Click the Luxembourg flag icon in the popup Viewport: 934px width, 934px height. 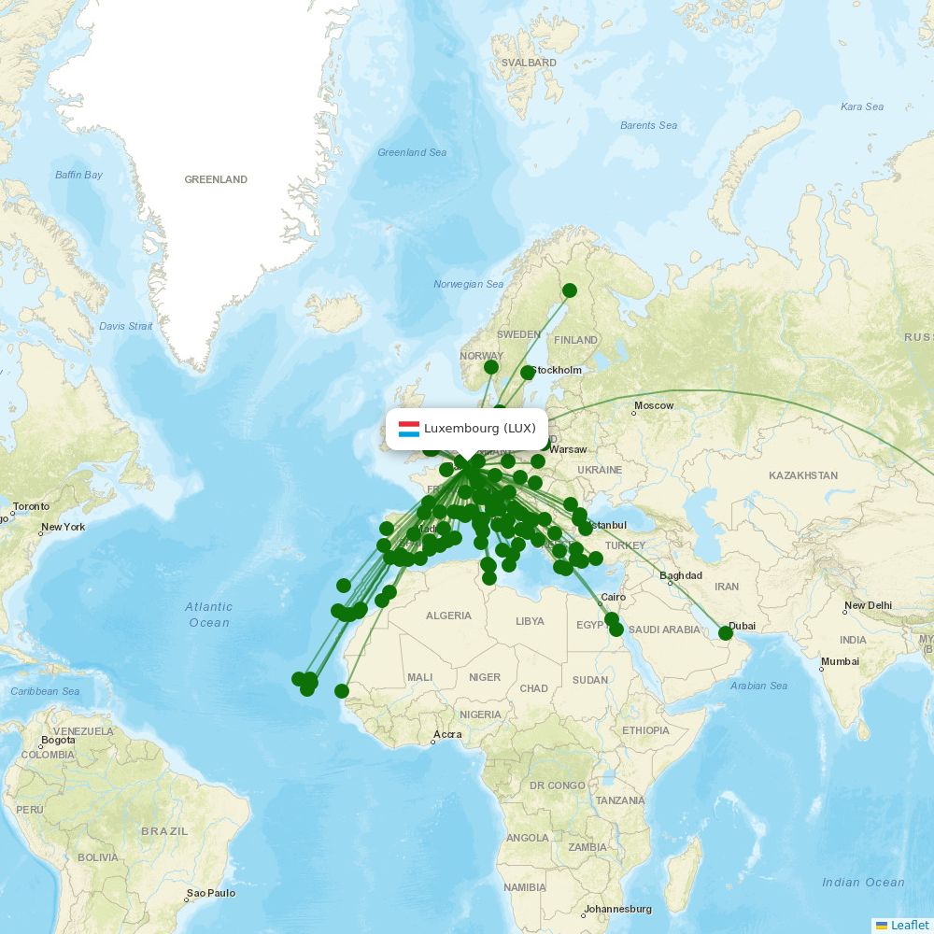pos(408,429)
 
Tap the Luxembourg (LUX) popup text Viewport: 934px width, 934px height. pos(479,429)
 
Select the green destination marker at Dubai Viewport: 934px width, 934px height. pos(726,633)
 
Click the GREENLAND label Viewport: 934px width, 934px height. pos(216,179)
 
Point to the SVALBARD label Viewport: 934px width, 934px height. pos(529,64)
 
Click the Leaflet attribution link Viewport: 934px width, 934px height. pos(909,925)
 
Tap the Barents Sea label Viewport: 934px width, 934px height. pos(648,125)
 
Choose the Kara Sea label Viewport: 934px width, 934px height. pos(861,106)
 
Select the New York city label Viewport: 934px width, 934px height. pos(63,527)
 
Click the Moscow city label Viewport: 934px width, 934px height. pos(653,405)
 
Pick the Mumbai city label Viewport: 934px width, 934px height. pos(840,662)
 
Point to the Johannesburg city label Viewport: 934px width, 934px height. pos(617,909)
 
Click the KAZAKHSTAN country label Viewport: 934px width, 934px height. pos(803,475)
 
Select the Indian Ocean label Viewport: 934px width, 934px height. pos(863,883)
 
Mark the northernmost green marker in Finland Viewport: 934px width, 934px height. pos(570,290)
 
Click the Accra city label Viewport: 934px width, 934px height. pos(446,734)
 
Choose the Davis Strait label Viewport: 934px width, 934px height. pos(125,326)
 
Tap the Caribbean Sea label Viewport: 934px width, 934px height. pos(45,691)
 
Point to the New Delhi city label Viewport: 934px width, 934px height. pos(868,605)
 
